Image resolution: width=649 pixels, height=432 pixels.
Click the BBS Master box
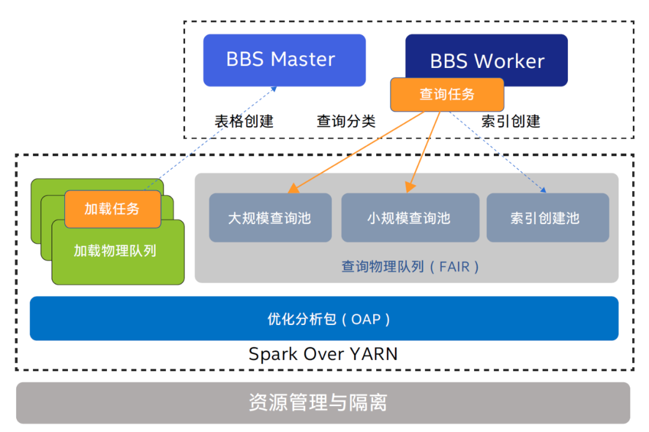[x=284, y=61]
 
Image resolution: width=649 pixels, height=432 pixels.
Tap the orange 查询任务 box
[x=447, y=95]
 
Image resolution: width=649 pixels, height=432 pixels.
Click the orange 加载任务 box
[x=112, y=209]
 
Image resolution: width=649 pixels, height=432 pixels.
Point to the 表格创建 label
[x=244, y=121]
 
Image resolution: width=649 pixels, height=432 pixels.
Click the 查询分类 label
[x=346, y=121]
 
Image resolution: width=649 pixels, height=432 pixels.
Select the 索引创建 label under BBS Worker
[x=510, y=121]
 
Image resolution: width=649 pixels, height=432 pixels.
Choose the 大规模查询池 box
[x=270, y=218]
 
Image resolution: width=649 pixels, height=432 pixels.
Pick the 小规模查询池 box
[x=410, y=218]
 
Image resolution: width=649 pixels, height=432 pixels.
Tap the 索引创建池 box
[x=547, y=218]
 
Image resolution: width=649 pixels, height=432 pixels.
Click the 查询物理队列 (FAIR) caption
[x=410, y=267]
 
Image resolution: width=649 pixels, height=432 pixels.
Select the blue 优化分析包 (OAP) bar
[x=324, y=318]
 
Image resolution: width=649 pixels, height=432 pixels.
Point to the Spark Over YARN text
[x=323, y=354]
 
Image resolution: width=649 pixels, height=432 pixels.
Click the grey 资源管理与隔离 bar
[x=323, y=403]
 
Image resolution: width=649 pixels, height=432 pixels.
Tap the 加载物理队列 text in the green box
[x=115, y=251]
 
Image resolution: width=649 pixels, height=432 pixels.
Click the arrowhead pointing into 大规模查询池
[x=293, y=188]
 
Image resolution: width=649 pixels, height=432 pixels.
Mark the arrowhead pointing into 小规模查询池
[x=410, y=187]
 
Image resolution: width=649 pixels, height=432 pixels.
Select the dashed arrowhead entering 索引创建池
[x=543, y=190]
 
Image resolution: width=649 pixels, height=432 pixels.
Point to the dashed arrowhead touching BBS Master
[x=273, y=89]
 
